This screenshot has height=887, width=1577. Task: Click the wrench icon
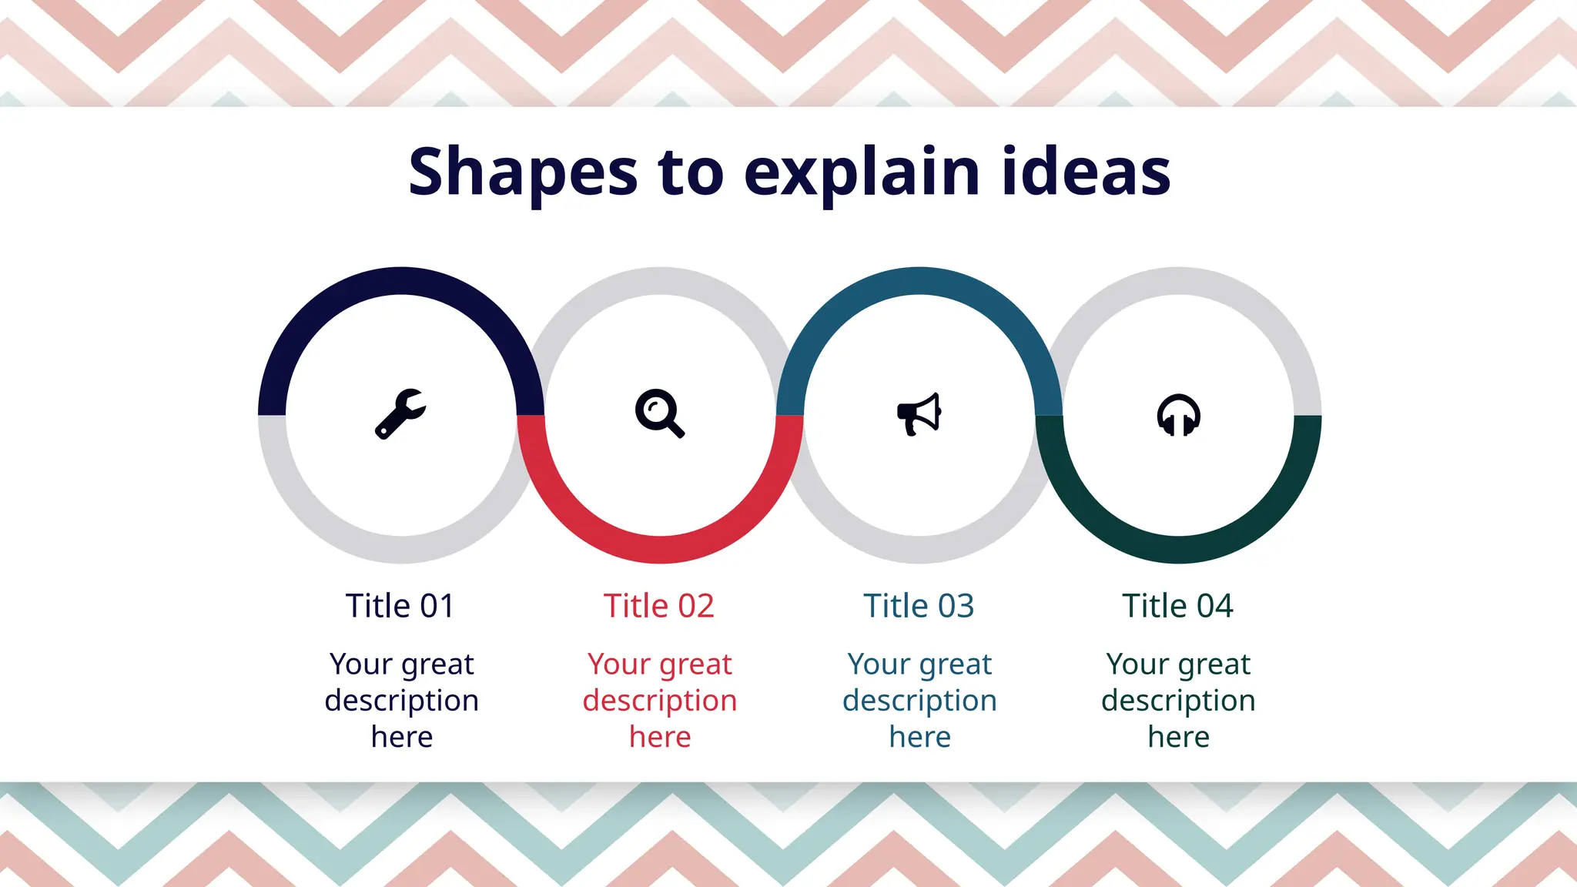(400, 413)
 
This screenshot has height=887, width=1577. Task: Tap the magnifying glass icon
(659, 413)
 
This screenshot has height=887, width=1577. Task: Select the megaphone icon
(919, 414)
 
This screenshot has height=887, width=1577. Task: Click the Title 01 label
(400, 606)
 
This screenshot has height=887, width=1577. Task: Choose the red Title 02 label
(659, 606)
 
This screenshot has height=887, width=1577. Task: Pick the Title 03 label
(919, 606)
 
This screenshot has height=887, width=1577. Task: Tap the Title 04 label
(1177, 606)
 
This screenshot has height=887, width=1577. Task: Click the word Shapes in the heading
(523, 172)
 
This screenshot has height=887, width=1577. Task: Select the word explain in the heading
(862, 172)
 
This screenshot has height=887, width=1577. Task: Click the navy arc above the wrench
(401, 281)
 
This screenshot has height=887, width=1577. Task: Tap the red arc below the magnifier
(661, 549)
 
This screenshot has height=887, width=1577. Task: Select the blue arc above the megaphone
(919, 281)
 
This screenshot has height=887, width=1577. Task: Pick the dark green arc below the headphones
(1178, 549)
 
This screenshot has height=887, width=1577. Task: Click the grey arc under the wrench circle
(401, 549)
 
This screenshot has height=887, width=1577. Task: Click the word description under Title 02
(660, 701)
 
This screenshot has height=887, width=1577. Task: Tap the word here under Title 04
(1178, 737)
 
